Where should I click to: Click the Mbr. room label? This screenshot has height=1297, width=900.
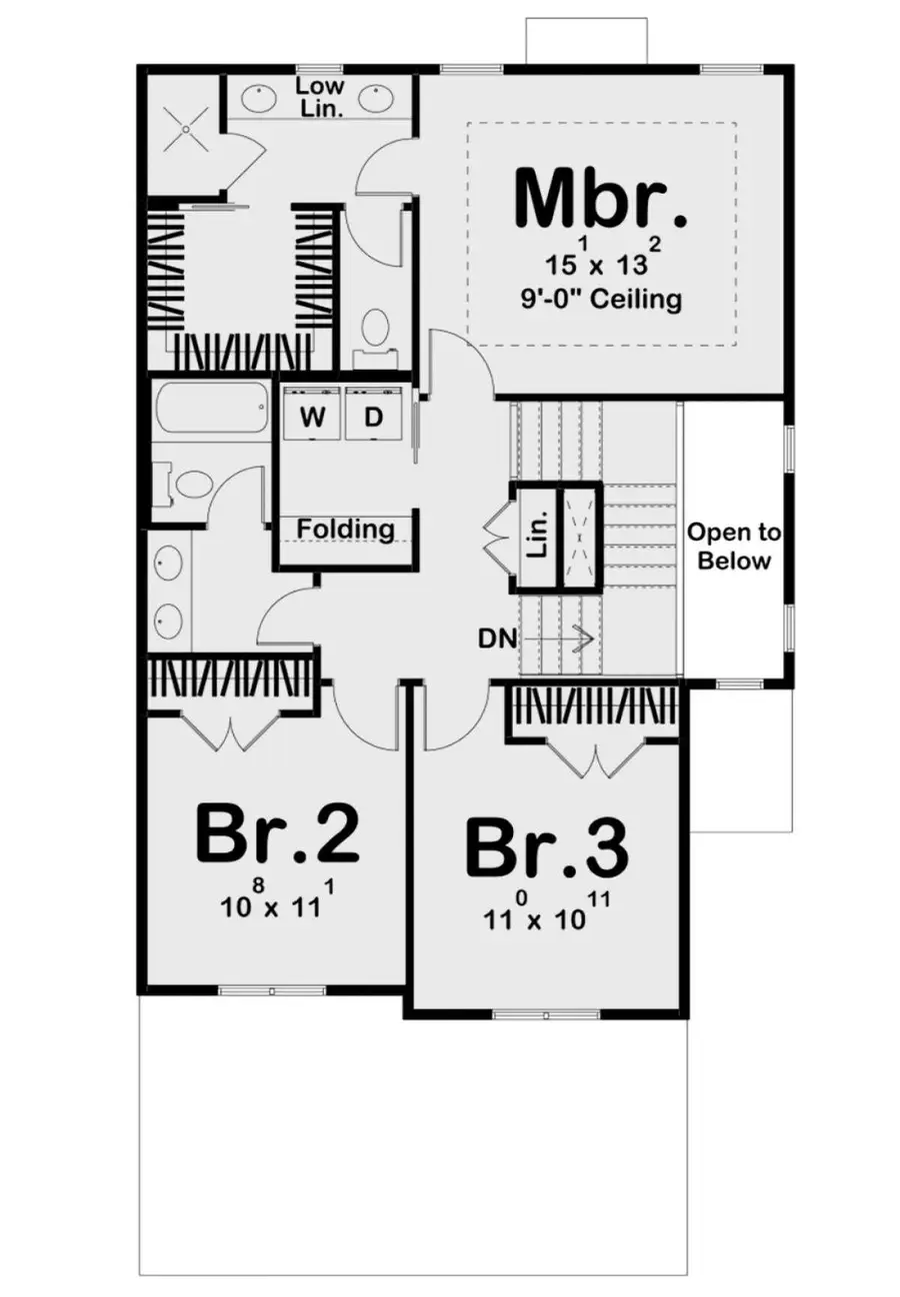601,200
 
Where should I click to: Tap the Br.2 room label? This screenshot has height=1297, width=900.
277,834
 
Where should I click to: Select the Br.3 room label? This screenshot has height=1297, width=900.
547,847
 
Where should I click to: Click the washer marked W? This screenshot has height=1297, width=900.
313,419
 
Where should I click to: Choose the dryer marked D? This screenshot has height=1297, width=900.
373,419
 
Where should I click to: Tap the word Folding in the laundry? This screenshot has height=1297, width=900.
344,528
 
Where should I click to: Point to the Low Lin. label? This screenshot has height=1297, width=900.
320,98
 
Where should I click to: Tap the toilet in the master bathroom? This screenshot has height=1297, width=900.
375,331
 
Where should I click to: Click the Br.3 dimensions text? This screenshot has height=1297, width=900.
547,914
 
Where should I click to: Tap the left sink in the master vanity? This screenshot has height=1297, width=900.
261,99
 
